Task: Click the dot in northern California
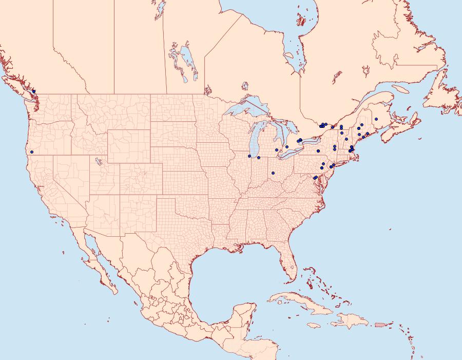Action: [32, 151]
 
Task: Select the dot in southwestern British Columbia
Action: [34, 91]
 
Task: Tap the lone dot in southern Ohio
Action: [273, 173]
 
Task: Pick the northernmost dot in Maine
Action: [376, 119]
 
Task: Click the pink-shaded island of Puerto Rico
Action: [380, 324]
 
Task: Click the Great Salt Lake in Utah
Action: [96, 160]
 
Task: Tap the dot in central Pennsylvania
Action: [318, 151]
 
